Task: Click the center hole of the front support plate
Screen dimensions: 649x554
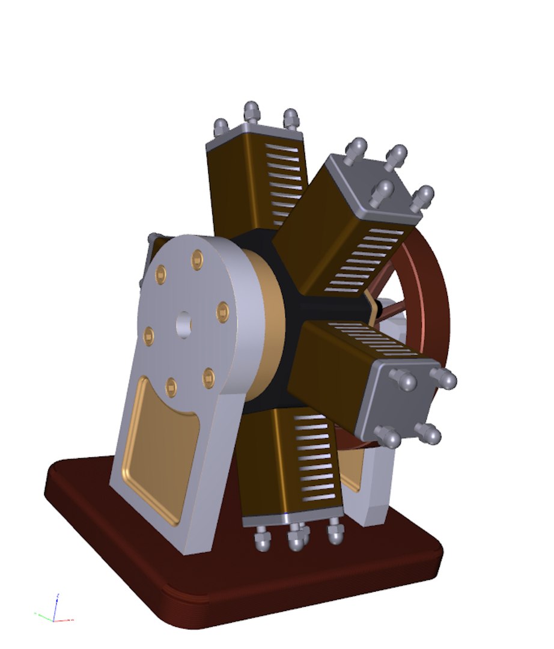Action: [x=184, y=324]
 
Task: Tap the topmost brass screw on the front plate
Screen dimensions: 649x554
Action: [x=197, y=260]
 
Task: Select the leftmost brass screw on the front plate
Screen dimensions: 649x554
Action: [x=150, y=336]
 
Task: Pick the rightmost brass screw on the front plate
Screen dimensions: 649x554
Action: [x=222, y=311]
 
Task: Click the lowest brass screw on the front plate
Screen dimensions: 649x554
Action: [x=172, y=386]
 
